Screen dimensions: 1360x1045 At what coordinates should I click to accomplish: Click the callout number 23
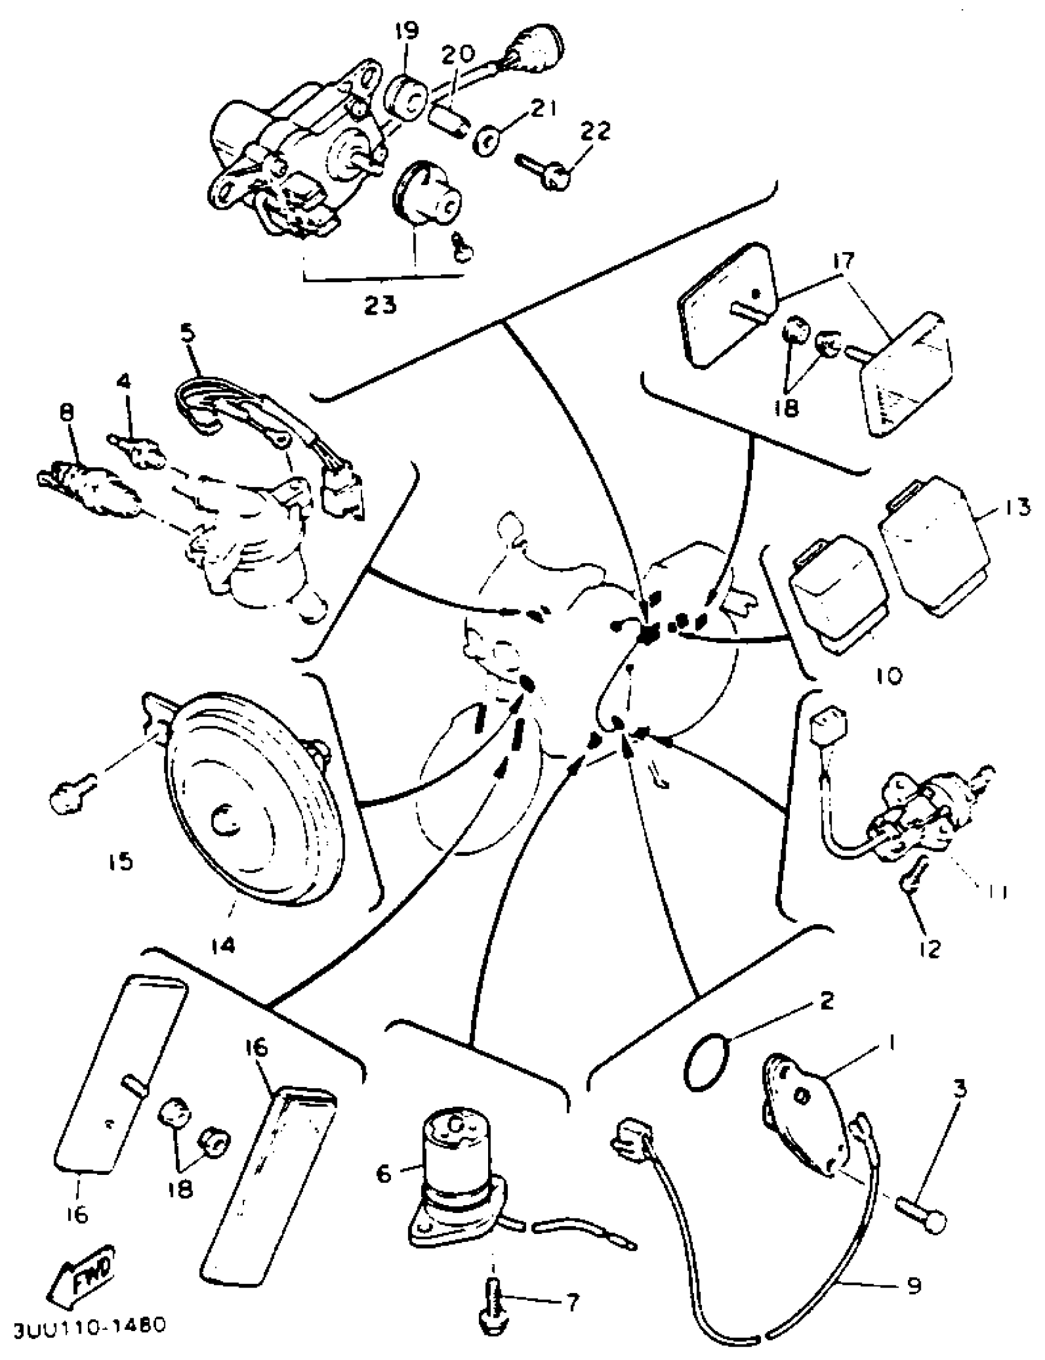coord(380,306)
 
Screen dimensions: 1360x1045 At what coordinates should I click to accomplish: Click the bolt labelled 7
coord(493,1297)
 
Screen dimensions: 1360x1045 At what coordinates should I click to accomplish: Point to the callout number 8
coord(66,411)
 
